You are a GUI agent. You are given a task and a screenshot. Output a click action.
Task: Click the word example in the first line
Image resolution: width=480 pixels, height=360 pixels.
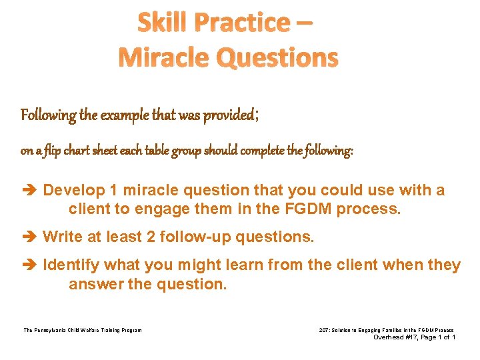pos(125,115)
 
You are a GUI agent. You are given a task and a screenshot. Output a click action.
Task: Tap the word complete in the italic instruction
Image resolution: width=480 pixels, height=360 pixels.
pos(269,151)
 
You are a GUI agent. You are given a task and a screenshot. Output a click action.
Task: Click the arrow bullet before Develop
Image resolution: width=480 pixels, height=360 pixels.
pos(30,191)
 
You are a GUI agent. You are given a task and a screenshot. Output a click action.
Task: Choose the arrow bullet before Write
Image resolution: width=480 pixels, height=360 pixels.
pos(30,237)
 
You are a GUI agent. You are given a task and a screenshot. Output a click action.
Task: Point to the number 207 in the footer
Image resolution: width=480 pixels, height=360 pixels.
pos(325,330)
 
